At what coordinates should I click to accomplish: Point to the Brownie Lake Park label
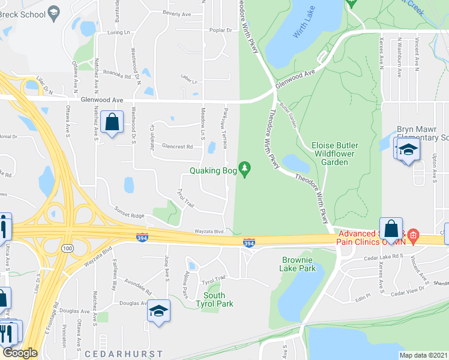(x=299, y=264)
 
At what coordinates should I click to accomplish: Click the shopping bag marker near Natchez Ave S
(x=112, y=122)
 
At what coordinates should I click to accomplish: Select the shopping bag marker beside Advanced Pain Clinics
(x=391, y=229)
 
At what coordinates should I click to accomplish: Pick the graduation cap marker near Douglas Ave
(x=159, y=311)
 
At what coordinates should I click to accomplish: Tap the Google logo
(x=20, y=353)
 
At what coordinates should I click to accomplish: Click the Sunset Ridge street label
(x=130, y=215)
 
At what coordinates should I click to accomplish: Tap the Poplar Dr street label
(x=221, y=29)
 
